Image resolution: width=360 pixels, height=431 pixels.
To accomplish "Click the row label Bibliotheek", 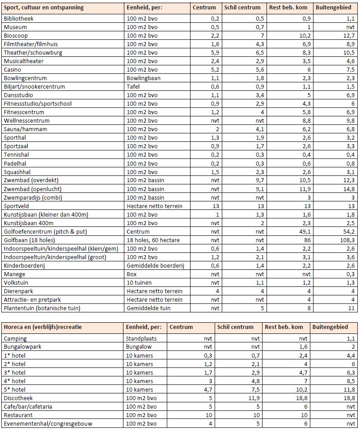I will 18,19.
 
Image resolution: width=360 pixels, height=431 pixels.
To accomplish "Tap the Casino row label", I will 13,70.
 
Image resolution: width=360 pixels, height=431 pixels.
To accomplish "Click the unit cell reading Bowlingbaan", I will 143,78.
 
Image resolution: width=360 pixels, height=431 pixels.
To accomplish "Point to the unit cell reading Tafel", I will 133,87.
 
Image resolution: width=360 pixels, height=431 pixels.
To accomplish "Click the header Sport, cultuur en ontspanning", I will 43,8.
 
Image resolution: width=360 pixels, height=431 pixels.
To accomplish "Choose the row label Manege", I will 14,274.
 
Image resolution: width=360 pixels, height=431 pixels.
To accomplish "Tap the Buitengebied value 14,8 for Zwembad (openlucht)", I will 349,189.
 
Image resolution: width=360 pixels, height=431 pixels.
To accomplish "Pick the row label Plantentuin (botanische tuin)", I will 42,308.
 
